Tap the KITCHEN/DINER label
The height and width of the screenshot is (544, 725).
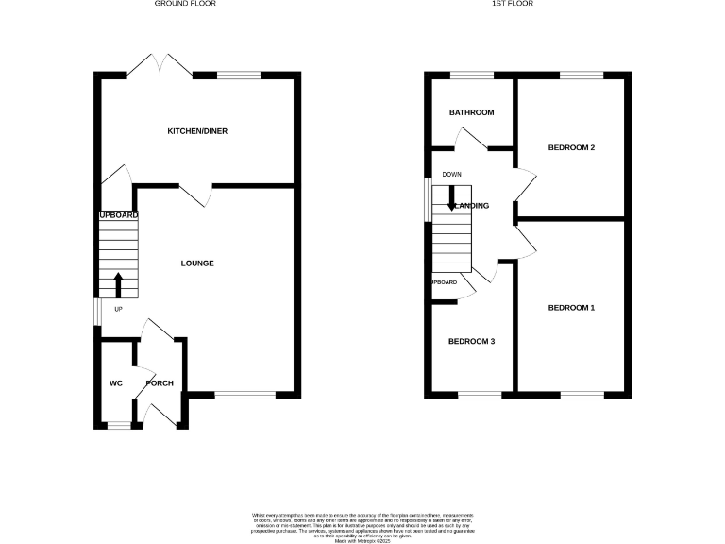(197, 131)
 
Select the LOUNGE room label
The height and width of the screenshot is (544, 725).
(197, 263)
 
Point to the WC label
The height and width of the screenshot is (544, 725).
(116, 383)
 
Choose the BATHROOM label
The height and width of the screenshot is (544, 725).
(471, 113)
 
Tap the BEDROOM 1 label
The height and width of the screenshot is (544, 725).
(572, 309)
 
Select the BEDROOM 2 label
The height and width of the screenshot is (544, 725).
(572, 148)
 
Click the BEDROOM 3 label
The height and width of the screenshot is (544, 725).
(471, 342)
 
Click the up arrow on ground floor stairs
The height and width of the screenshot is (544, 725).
(118, 283)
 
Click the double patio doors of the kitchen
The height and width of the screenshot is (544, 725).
(161, 66)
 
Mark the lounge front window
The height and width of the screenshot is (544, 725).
(245, 394)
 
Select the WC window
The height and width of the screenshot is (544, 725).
(118, 426)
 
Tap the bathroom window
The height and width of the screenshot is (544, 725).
(471, 75)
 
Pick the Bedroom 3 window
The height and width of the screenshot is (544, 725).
(480, 394)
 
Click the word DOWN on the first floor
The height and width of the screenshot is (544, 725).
(451, 175)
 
